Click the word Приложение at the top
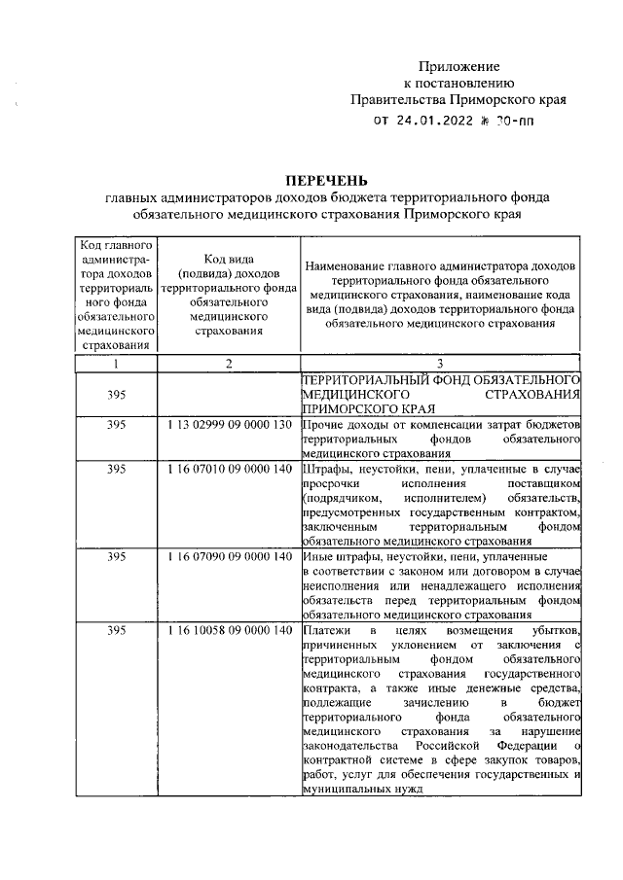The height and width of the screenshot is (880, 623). (x=458, y=67)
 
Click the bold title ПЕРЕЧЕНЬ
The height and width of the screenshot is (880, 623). (x=326, y=179)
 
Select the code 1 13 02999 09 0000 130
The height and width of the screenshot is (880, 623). (x=229, y=426)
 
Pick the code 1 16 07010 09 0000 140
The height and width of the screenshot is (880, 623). (x=229, y=469)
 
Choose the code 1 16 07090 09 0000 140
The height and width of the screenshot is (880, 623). (x=229, y=557)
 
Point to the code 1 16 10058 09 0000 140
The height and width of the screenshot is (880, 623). (x=229, y=631)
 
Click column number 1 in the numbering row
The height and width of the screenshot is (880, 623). (x=117, y=363)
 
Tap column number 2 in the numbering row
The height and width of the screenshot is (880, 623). (x=229, y=363)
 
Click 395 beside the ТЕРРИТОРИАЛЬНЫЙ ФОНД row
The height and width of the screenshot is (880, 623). (x=117, y=395)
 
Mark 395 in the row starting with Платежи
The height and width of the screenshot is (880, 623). (x=117, y=631)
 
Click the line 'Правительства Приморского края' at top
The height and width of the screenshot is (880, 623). (x=458, y=99)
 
